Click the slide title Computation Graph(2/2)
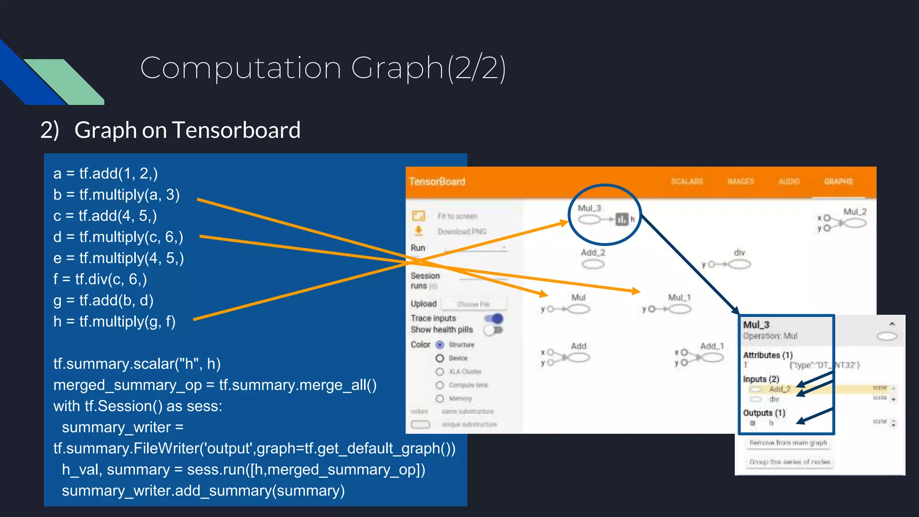[x=323, y=68]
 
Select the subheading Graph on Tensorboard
[x=187, y=130]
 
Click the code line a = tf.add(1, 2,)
[x=105, y=174]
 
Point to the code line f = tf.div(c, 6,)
[x=100, y=279]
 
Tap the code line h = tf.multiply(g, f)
[x=114, y=321]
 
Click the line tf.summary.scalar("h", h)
[x=137, y=364]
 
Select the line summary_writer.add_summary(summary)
[x=203, y=491]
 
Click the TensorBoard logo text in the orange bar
[x=437, y=182]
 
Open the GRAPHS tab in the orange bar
[x=838, y=181]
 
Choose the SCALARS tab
[x=687, y=181]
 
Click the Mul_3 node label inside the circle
[x=589, y=208]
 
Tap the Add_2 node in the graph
[x=593, y=264]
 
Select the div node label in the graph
[x=739, y=253]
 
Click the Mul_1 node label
[x=679, y=298]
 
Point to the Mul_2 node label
[x=854, y=211]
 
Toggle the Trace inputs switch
[x=494, y=319]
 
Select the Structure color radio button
[x=440, y=345]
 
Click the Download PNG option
[x=461, y=232]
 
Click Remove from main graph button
[x=788, y=443]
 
